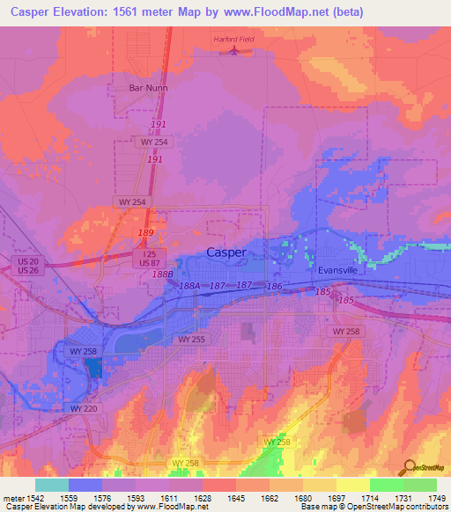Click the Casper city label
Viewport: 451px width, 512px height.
(225, 252)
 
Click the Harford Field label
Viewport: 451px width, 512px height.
(233, 39)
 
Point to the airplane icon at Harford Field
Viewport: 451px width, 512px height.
(233, 49)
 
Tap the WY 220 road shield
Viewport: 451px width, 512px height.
(85, 408)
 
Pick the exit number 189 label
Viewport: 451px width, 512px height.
(145, 232)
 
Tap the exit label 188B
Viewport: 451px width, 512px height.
(161, 274)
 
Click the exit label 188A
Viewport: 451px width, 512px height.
(189, 286)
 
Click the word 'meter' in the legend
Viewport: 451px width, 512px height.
(13, 499)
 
